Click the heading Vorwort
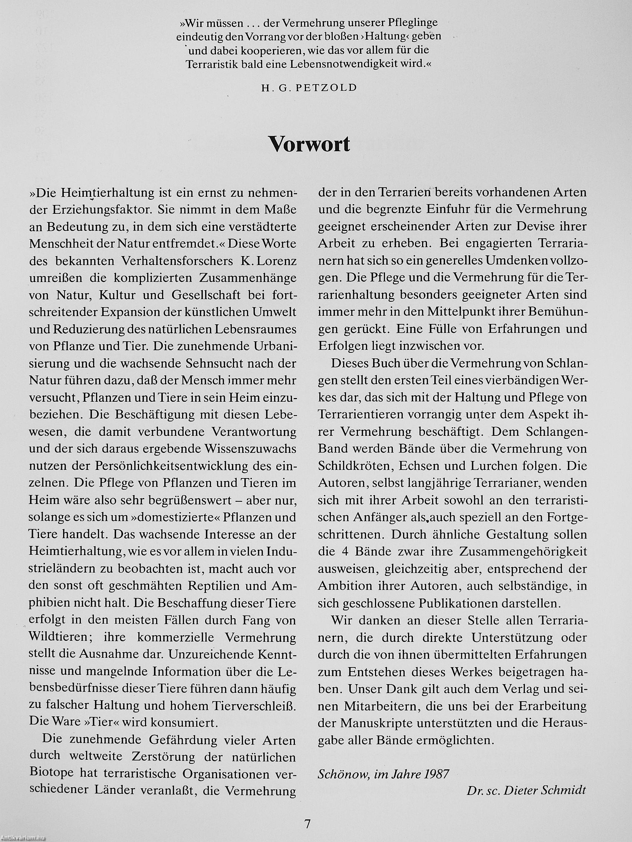click(x=309, y=144)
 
